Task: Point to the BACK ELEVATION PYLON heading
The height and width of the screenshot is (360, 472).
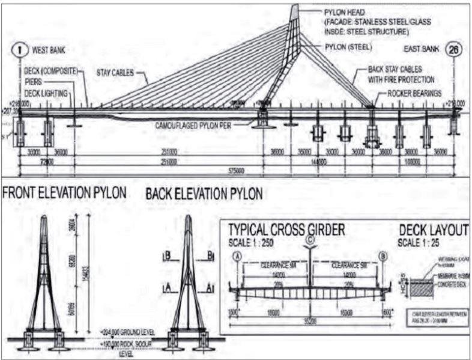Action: [x=204, y=194]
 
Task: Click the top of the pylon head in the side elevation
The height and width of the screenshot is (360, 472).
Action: [x=295, y=7]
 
